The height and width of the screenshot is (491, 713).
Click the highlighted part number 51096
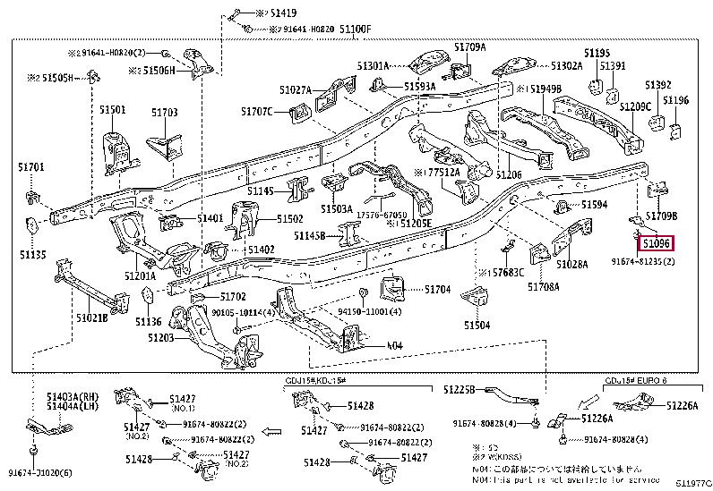click(656, 242)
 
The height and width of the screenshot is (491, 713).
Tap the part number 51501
click(112, 109)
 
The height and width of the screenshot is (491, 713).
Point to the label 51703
click(164, 113)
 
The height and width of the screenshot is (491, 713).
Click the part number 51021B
click(91, 317)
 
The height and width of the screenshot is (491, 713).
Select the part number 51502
click(289, 218)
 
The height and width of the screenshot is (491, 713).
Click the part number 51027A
click(295, 89)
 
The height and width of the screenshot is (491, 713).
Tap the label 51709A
click(469, 47)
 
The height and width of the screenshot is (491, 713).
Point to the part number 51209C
click(635, 106)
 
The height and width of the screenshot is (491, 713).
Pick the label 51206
click(509, 174)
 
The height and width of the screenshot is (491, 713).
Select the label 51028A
click(571, 265)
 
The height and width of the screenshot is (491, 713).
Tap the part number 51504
click(477, 326)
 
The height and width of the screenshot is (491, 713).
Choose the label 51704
click(437, 290)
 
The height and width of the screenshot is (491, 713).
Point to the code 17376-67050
click(383, 215)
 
